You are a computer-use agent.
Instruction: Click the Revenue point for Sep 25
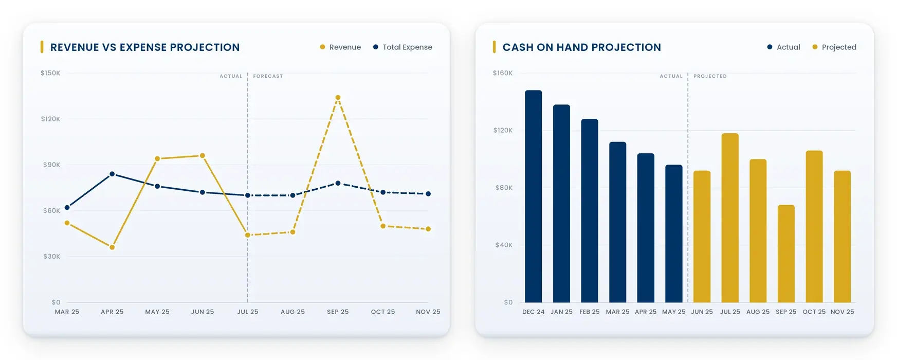338,97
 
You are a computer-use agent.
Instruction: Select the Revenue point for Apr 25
112,247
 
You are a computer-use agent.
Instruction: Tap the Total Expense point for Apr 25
112,174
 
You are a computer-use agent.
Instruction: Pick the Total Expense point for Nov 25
428,194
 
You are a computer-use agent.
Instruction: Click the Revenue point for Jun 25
203,155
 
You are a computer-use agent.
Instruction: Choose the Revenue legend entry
340,47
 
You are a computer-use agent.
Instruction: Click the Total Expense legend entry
402,47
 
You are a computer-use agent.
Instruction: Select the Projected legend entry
834,47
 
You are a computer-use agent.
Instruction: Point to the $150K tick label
50,73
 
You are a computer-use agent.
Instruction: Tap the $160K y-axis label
503,73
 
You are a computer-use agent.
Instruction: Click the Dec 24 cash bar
534,196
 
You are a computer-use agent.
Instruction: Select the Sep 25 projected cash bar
786,254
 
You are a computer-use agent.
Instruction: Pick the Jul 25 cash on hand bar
730,218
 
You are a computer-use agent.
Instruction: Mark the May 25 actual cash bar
674,233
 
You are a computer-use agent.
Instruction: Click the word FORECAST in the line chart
268,76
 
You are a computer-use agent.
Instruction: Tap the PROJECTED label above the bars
710,76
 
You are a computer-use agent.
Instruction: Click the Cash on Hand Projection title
582,47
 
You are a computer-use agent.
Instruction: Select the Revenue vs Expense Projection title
145,47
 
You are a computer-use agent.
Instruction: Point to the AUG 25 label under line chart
292,312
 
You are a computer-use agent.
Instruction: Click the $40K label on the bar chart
504,245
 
